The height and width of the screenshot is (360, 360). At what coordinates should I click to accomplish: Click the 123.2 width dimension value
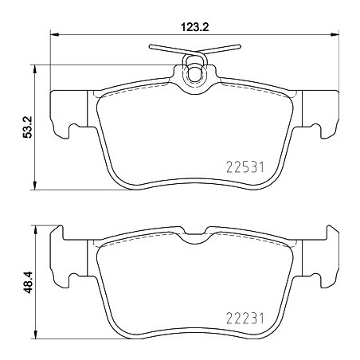pos(194,27)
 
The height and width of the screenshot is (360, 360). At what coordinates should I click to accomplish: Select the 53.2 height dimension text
pos(27,127)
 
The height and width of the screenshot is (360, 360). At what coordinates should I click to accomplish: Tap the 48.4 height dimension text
pos(27,282)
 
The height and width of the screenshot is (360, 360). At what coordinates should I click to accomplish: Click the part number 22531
pos(245,167)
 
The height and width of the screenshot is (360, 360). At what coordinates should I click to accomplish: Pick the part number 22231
pos(245,319)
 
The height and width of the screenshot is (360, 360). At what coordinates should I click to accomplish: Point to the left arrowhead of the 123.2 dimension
pos(54,34)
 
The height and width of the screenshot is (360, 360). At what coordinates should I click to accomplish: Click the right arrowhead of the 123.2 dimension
pos(335,34)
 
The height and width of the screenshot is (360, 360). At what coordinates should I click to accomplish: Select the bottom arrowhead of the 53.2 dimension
pos(34,186)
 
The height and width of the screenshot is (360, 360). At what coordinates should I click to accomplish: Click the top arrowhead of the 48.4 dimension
pos(34,229)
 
